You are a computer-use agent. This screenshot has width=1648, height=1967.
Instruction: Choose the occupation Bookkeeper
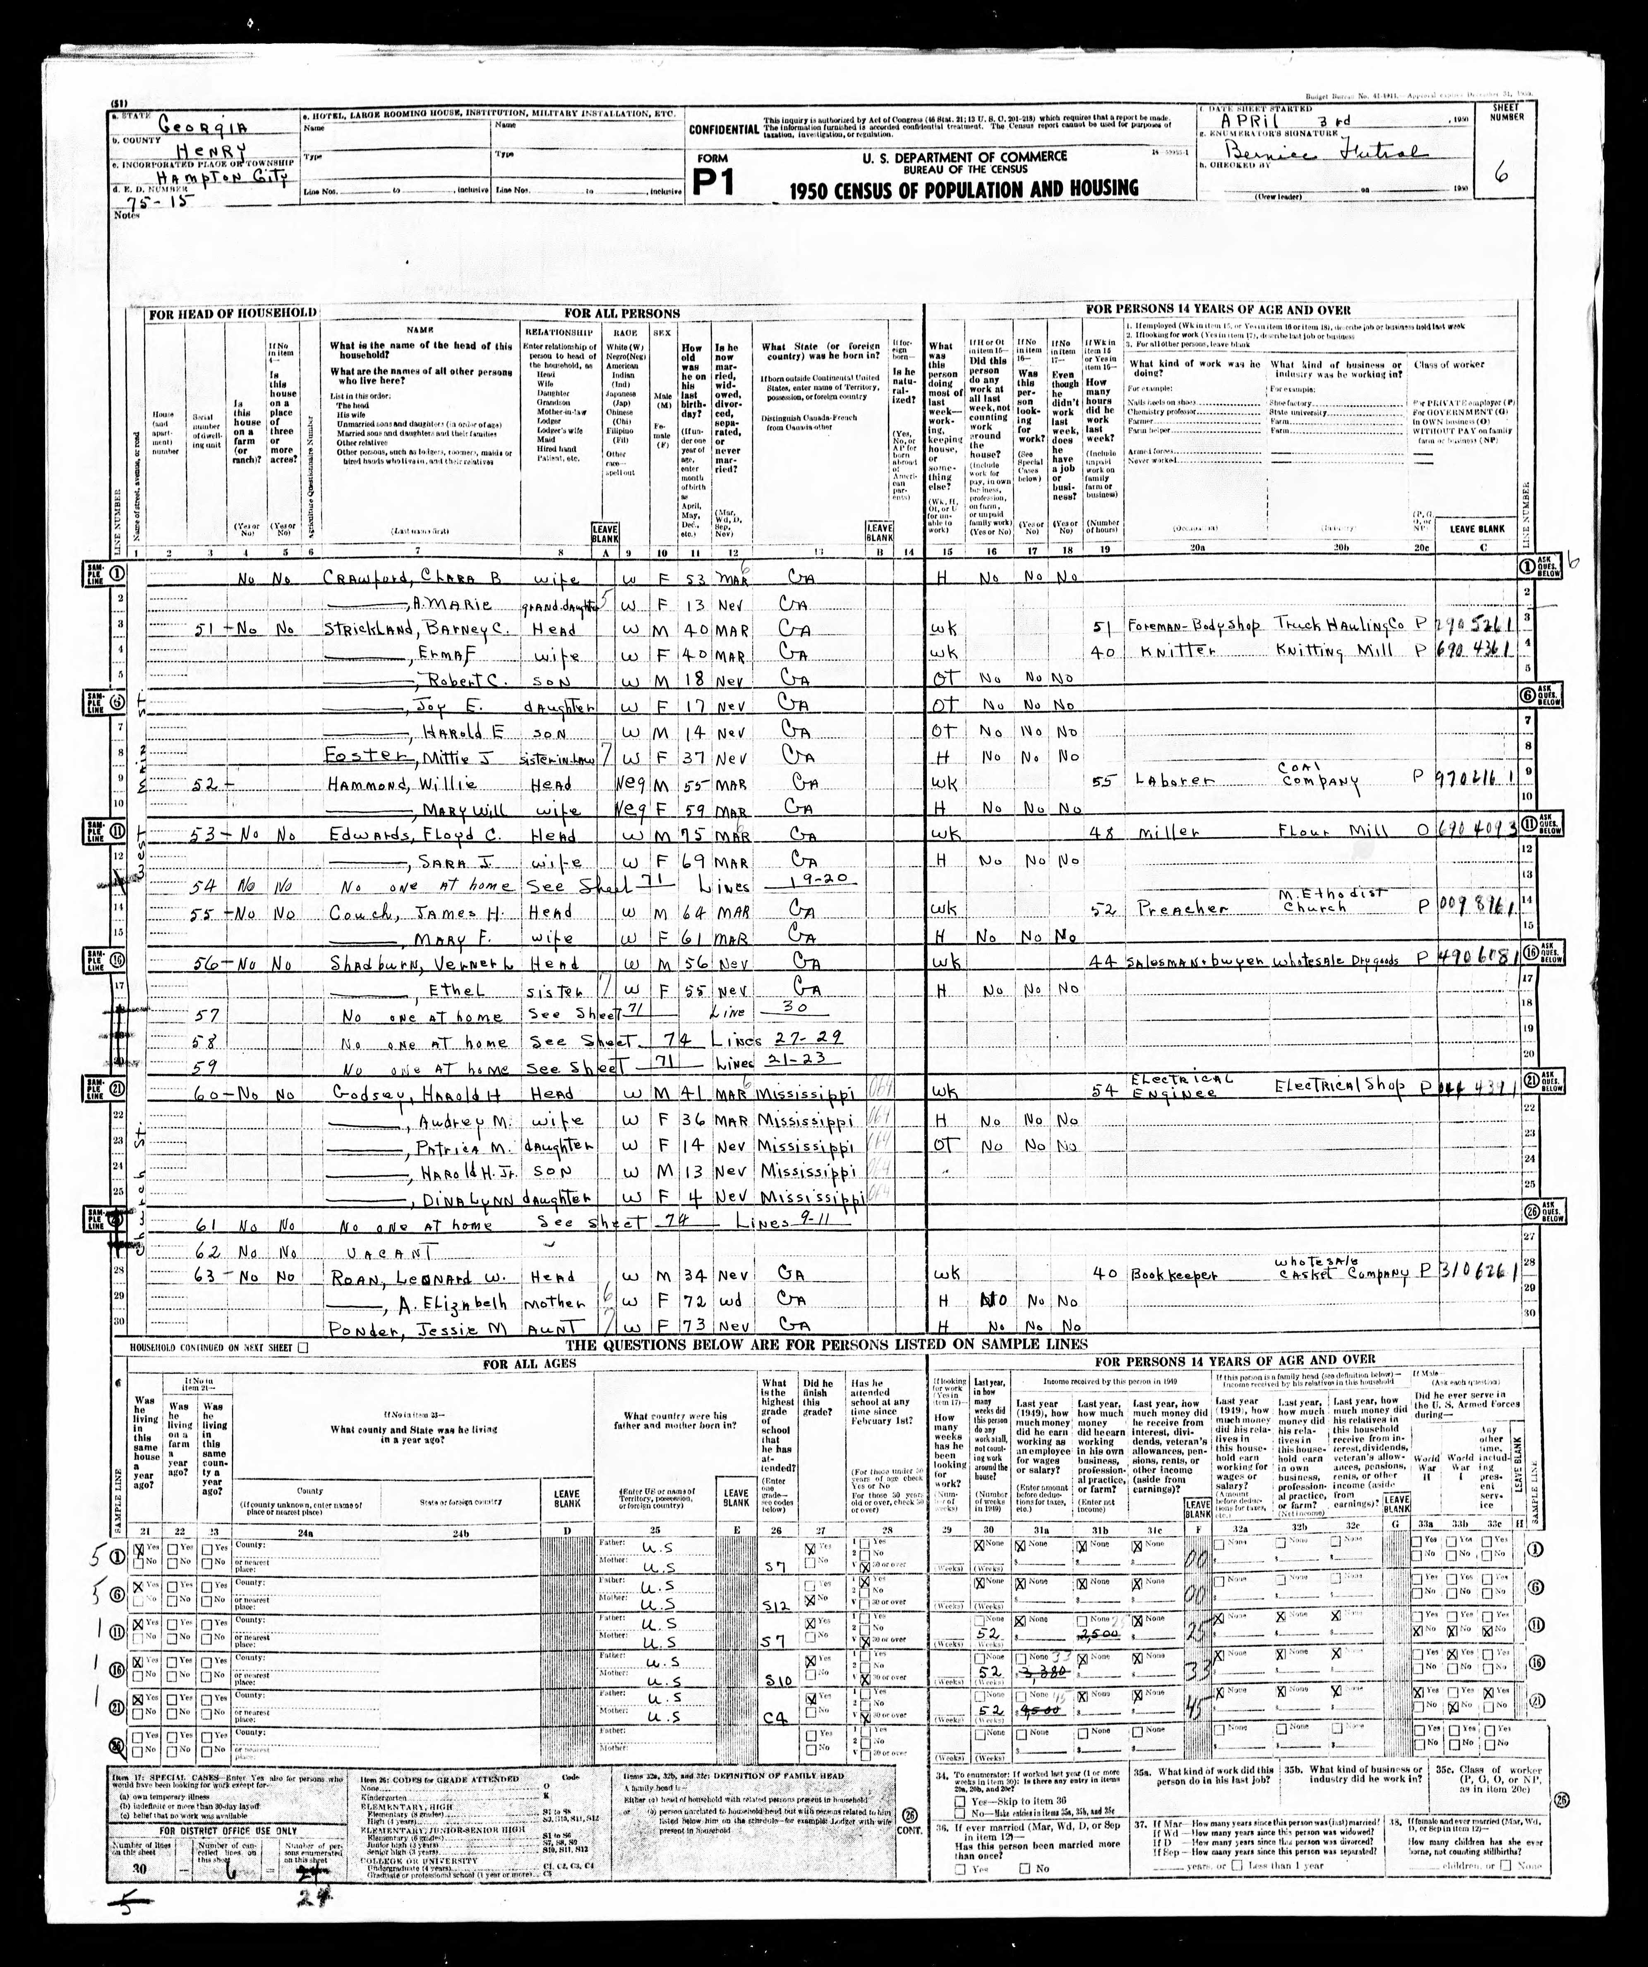(x=1168, y=1276)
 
